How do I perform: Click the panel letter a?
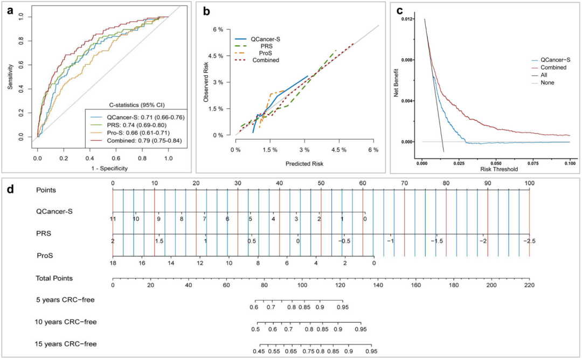pyautogui.click(x=10, y=10)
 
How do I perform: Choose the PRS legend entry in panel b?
pyautogui.click(x=261, y=46)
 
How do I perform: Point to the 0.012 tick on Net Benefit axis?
pyautogui.click(x=407, y=19)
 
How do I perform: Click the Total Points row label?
pyautogui.click(x=54, y=278)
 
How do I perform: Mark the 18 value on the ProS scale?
pyautogui.click(x=113, y=263)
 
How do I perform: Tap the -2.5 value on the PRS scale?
pyautogui.click(x=529, y=241)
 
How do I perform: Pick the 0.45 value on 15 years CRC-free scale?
pyautogui.click(x=260, y=351)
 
